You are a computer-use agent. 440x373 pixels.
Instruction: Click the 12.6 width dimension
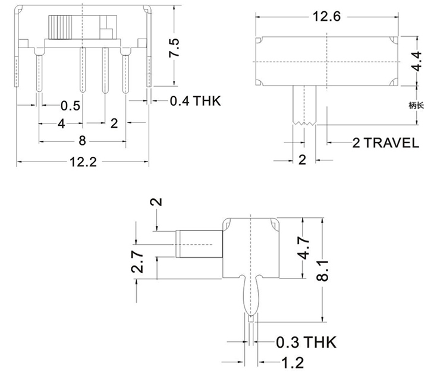tap(326, 17)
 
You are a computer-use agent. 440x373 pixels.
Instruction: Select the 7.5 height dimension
tap(174, 47)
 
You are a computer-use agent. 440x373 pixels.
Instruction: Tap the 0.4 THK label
tap(195, 102)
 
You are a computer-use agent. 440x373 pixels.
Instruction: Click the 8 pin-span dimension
tap(82, 141)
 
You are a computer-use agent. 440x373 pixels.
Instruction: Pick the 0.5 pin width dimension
tap(70, 106)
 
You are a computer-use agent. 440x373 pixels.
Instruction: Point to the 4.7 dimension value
tap(304, 248)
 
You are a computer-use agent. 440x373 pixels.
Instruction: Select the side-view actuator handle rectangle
tap(199, 244)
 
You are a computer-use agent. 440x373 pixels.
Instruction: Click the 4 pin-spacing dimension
tap(61, 124)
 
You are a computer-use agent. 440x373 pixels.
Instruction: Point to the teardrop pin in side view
tap(252, 295)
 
